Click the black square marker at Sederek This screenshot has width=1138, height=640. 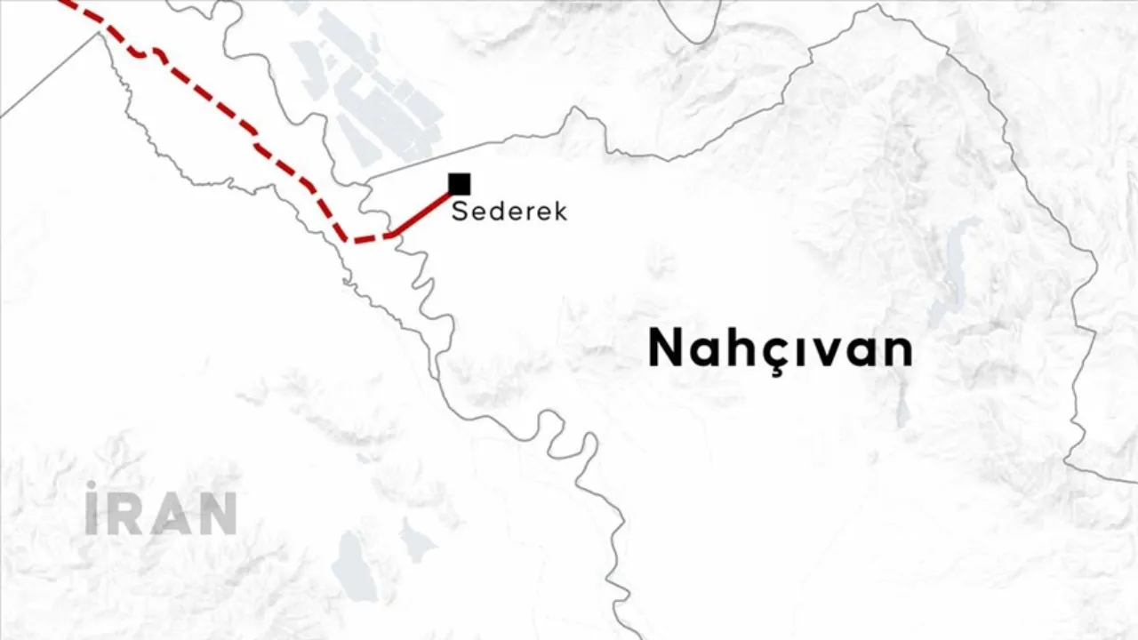tap(459, 184)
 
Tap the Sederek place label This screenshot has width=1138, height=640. tap(509, 212)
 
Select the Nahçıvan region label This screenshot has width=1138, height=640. tap(780, 348)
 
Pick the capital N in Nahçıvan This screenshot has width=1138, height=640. tap(666, 348)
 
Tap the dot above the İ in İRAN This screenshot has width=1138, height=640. tap(91, 485)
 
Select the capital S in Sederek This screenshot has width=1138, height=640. tap(460, 212)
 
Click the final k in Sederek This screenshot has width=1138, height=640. tap(559, 212)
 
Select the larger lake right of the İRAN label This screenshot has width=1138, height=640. tap(354, 564)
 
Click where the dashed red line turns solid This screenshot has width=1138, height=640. tap(391, 236)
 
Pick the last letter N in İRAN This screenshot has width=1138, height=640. tap(217, 514)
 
